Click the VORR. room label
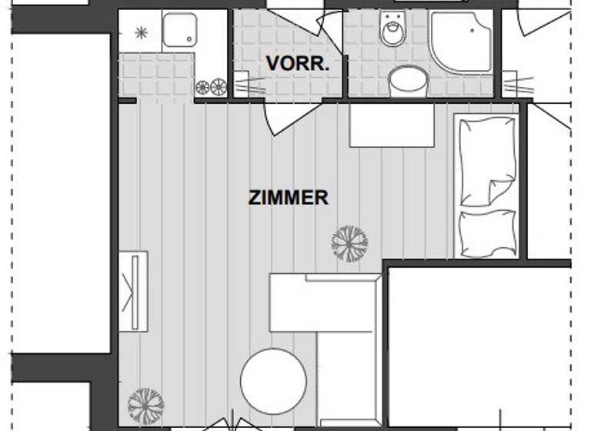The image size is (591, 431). pos(298,64)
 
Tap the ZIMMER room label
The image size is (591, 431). pos(289,198)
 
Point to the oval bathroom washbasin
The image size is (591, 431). pos(408,80)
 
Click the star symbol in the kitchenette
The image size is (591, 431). pos(141,32)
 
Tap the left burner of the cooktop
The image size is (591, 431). pos(203,87)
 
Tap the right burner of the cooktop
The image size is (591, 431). pos(219,87)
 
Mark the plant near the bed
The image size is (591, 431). pos(349,243)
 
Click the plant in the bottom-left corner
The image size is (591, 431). pos(145,406)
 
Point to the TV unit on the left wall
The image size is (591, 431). pos(133,292)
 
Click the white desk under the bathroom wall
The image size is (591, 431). pos(392,125)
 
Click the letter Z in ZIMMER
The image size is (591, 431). pos(254,198)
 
